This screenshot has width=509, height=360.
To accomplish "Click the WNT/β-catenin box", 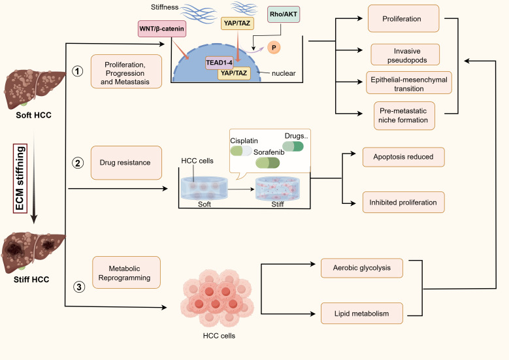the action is tap(161, 29).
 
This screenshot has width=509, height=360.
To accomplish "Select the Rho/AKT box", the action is tap(284, 14).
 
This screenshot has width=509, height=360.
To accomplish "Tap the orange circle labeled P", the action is tap(274, 48).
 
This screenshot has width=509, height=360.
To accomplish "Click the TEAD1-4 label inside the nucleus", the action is tap(219, 63).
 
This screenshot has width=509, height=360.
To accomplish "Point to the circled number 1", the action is tap(77, 71).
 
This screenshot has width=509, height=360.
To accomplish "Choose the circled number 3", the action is tap(79, 287).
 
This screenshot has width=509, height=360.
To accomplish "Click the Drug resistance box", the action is tap(126, 163).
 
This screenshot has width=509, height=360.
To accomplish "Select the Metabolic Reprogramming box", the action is tap(126, 272).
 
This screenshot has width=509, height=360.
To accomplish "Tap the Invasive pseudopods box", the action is tap(405, 55).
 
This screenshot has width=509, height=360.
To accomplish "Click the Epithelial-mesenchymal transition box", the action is tap(408, 83).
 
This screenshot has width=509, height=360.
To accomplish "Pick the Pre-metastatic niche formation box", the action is tap(404, 116).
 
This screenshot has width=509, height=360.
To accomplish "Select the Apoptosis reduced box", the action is tap(404, 157).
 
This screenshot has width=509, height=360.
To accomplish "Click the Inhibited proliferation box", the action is tap(404, 203).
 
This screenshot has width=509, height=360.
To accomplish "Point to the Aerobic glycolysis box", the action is tap(362, 268).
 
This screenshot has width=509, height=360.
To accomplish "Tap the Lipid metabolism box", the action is tap(362, 314).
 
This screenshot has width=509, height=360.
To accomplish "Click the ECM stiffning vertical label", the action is tap(20, 178).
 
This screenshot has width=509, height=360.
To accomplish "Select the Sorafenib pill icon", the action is tap(267, 163).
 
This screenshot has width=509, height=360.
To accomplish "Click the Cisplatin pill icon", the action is tap(241, 151).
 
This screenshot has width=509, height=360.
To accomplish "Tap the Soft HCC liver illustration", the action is tap(34, 89).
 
